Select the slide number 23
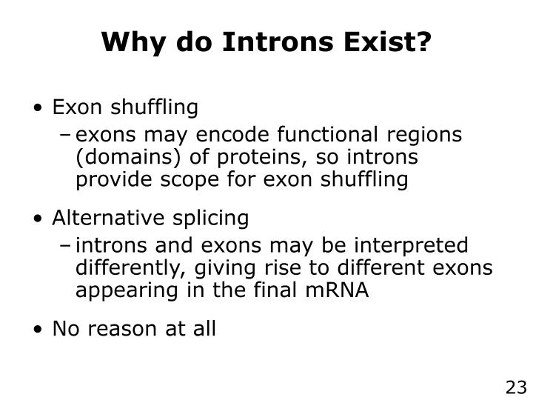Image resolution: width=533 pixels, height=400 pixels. (515, 387)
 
